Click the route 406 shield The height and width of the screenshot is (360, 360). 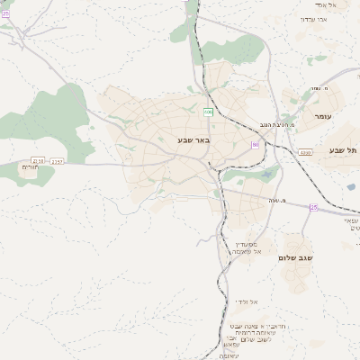pyautogui.click(x=208, y=112)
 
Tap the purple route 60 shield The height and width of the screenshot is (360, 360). pyautogui.click(x=256, y=144)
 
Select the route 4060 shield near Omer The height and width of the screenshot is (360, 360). pyautogui.click(x=306, y=152)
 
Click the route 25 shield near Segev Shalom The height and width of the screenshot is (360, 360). pyautogui.click(x=314, y=208)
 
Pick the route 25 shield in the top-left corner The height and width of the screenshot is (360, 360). pyautogui.click(x=5, y=13)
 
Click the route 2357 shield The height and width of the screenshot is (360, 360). pyautogui.click(x=58, y=162)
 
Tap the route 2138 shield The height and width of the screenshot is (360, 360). pyautogui.click(x=39, y=161)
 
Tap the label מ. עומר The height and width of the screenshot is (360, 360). pyautogui.click(x=316, y=88)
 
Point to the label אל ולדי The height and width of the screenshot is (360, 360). pyautogui.click(x=247, y=301)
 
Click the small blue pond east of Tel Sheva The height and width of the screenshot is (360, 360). pyautogui.click(x=350, y=186)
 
